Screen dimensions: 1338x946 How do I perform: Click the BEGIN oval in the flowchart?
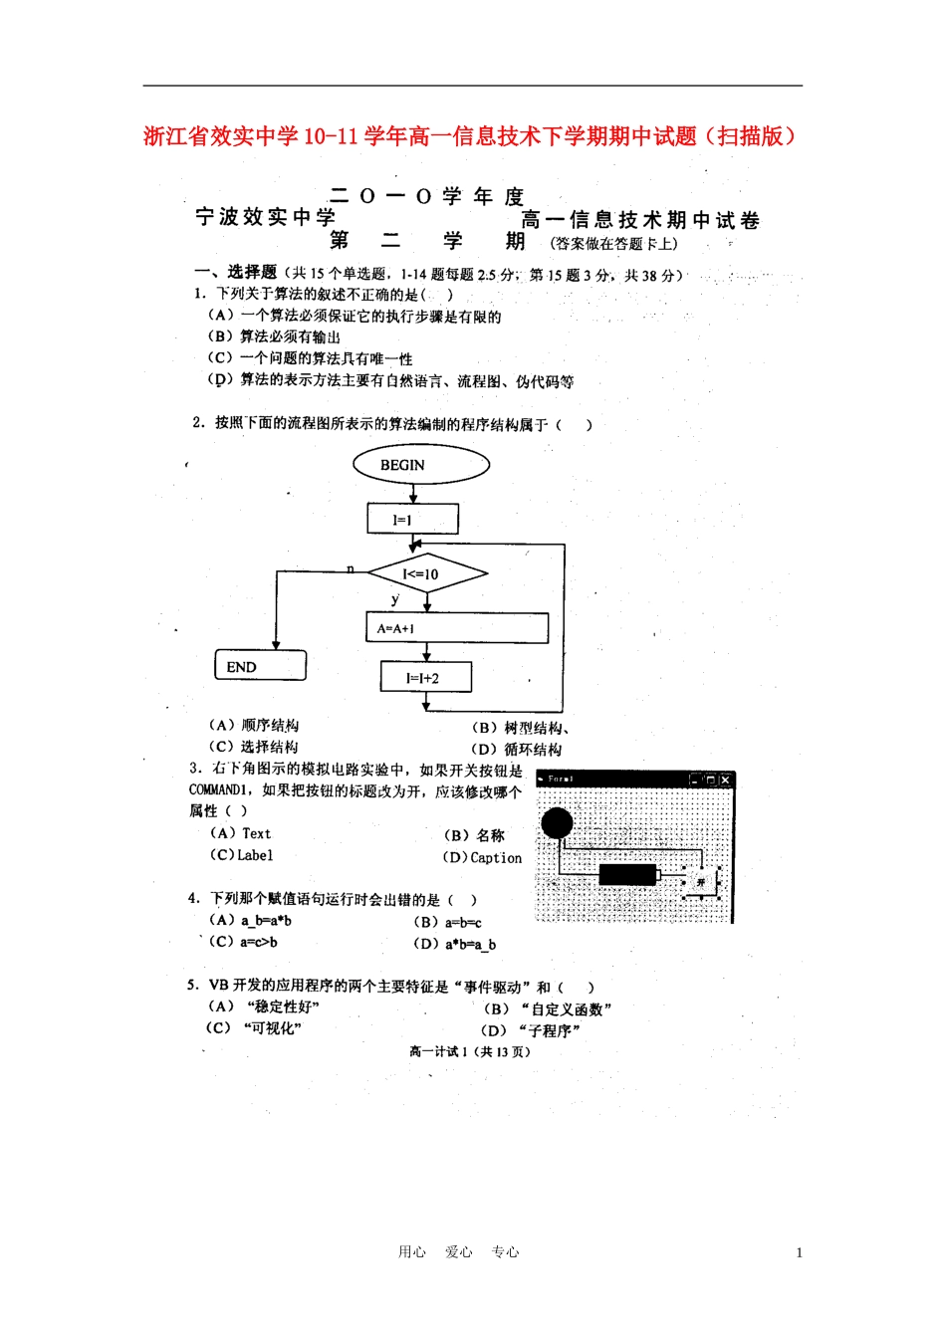[421, 465]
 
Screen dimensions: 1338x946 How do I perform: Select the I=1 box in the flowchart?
[412, 519]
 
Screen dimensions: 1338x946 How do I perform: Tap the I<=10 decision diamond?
[427, 573]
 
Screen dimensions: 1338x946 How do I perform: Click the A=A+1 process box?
[457, 628]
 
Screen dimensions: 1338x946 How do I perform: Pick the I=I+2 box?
[425, 677]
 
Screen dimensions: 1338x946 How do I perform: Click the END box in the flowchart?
[260, 666]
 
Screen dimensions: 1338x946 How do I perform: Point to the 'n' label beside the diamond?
[351, 568]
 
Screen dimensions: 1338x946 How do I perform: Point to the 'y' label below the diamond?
[395, 598]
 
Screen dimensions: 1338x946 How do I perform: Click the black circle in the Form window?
[557, 822]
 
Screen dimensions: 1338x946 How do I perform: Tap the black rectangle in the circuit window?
[627, 874]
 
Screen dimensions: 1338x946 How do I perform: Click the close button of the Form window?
[726, 780]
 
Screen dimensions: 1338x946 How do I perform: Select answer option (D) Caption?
[483, 857]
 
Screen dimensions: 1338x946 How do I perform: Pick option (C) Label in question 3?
[241, 855]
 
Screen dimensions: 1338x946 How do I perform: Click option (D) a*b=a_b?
[455, 944]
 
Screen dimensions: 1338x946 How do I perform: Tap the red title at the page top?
[471, 136]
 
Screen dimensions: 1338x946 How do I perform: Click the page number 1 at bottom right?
[799, 1252]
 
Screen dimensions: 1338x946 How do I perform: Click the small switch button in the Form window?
[701, 882]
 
